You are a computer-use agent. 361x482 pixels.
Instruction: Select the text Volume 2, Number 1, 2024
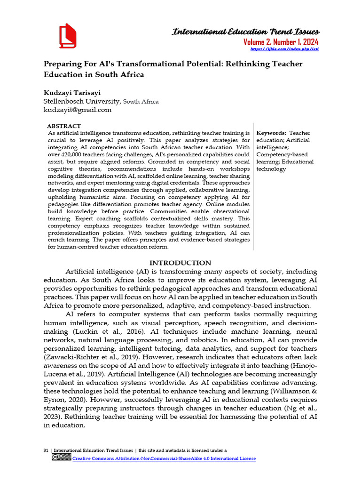(x=280, y=42)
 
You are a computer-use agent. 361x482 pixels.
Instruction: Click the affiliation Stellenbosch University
(x=82, y=101)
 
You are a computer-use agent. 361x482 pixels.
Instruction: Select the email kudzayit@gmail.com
(x=78, y=110)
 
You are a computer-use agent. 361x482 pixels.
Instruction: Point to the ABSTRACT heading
(x=64, y=126)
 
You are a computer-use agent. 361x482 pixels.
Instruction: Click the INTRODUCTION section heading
(x=180, y=263)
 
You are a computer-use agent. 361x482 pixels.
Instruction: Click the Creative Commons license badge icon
(x=61, y=457)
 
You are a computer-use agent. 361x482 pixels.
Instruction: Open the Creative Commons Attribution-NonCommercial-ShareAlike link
(x=164, y=458)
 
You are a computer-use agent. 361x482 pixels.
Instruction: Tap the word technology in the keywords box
(x=271, y=169)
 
